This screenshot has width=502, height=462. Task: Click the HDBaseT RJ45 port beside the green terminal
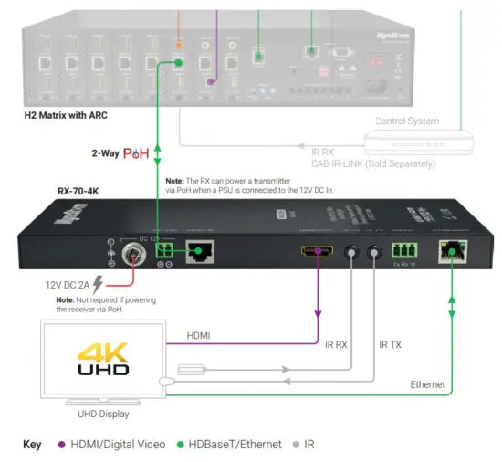tap(199, 253)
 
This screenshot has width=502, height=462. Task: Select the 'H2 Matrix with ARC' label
tap(76, 117)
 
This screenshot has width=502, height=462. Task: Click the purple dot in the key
tap(62, 444)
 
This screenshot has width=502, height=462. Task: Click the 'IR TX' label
tap(391, 344)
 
